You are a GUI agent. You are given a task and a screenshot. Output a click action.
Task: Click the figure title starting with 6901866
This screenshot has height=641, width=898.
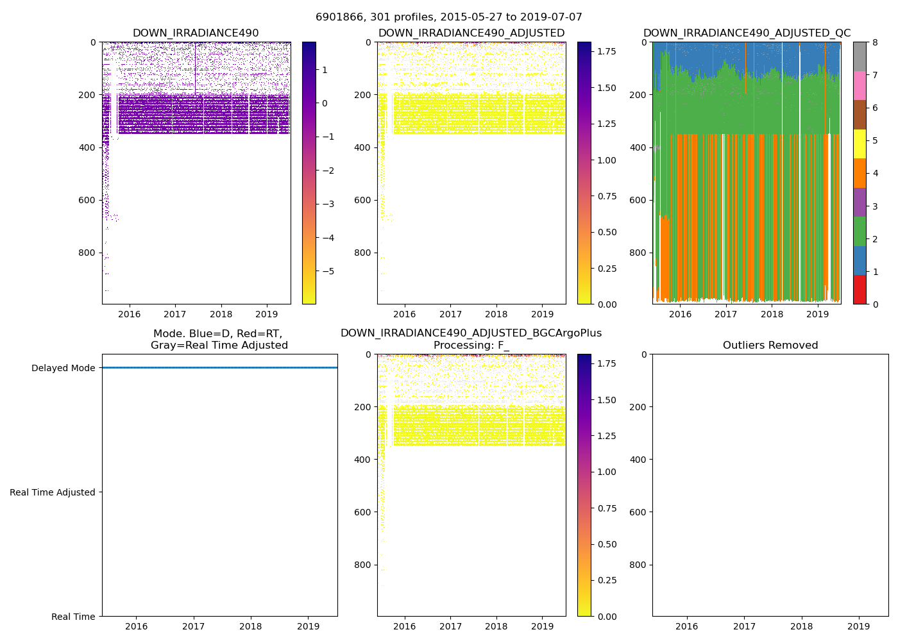[x=449, y=17]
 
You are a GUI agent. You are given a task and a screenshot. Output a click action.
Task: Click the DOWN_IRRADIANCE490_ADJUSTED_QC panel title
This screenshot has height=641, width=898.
[x=747, y=33]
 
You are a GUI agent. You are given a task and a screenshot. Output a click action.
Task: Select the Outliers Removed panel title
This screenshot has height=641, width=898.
[x=770, y=345]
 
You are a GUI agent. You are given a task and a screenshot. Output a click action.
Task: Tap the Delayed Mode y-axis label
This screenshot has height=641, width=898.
[x=63, y=368]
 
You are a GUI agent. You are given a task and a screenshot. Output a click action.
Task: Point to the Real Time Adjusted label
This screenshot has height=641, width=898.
[x=53, y=492]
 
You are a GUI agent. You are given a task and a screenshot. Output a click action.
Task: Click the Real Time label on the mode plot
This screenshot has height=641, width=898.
[x=73, y=617]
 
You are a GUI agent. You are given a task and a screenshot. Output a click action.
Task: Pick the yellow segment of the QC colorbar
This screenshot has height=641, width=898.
[x=860, y=144]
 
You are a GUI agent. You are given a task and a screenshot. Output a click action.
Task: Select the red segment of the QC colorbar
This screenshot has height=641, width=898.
[x=860, y=290]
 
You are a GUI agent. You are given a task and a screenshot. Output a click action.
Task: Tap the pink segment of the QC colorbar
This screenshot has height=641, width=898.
[x=860, y=85]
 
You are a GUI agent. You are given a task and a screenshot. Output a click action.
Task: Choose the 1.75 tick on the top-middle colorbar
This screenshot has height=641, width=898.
[x=602, y=51]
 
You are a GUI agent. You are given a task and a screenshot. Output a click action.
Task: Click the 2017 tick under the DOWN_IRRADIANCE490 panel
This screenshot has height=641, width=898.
[x=175, y=314]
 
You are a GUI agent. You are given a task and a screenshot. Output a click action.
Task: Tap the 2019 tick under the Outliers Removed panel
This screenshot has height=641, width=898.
[x=859, y=626]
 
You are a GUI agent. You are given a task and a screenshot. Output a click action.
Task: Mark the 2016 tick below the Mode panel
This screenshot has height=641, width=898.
[x=136, y=626]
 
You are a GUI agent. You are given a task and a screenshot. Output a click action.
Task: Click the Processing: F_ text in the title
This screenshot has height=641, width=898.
[x=471, y=345]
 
